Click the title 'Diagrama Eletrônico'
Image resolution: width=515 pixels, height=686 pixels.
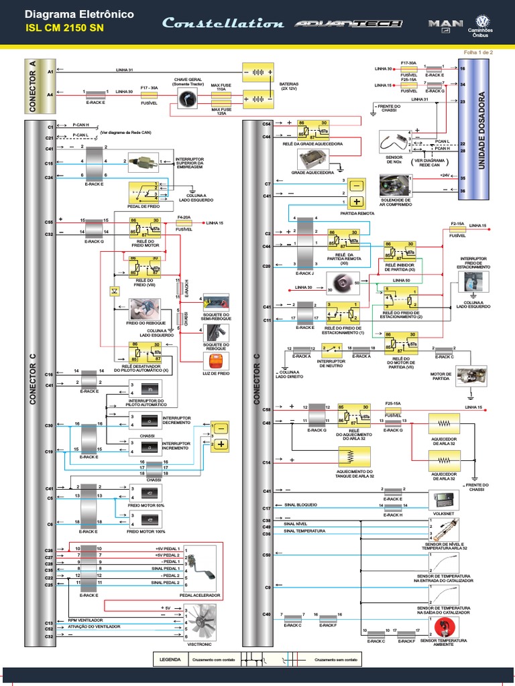[79, 14]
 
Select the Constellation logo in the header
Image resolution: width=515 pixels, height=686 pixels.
[223, 23]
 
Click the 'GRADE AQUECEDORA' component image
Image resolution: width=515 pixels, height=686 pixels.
[312, 159]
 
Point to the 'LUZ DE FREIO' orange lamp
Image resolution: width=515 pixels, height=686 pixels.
[215, 361]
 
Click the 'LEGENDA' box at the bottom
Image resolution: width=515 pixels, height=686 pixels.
[170, 659]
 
